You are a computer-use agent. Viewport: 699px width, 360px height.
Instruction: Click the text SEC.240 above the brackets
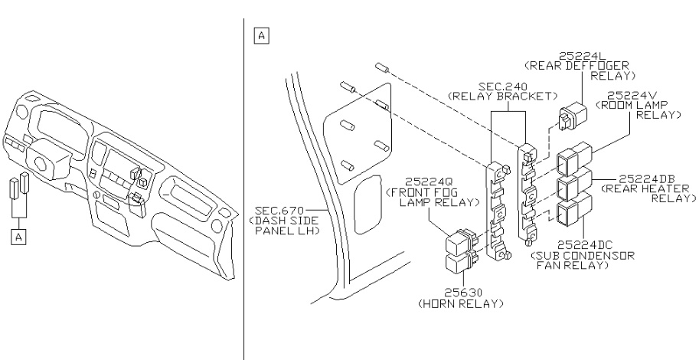tap(504, 85)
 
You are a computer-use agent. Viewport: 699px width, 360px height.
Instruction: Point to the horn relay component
tap(458, 263)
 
